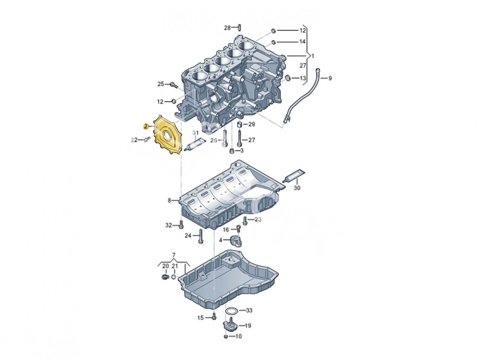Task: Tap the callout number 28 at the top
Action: click(228, 28)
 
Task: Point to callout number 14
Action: click(302, 42)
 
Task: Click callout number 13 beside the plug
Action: click(302, 78)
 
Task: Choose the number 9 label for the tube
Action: click(330, 78)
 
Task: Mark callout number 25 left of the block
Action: click(160, 84)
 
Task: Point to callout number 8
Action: click(169, 201)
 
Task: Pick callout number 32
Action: click(169, 225)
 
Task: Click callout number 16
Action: click(226, 229)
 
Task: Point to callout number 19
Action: click(248, 325)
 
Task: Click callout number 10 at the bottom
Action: click(238, 336)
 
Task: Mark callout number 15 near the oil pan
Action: click(201, 318)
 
